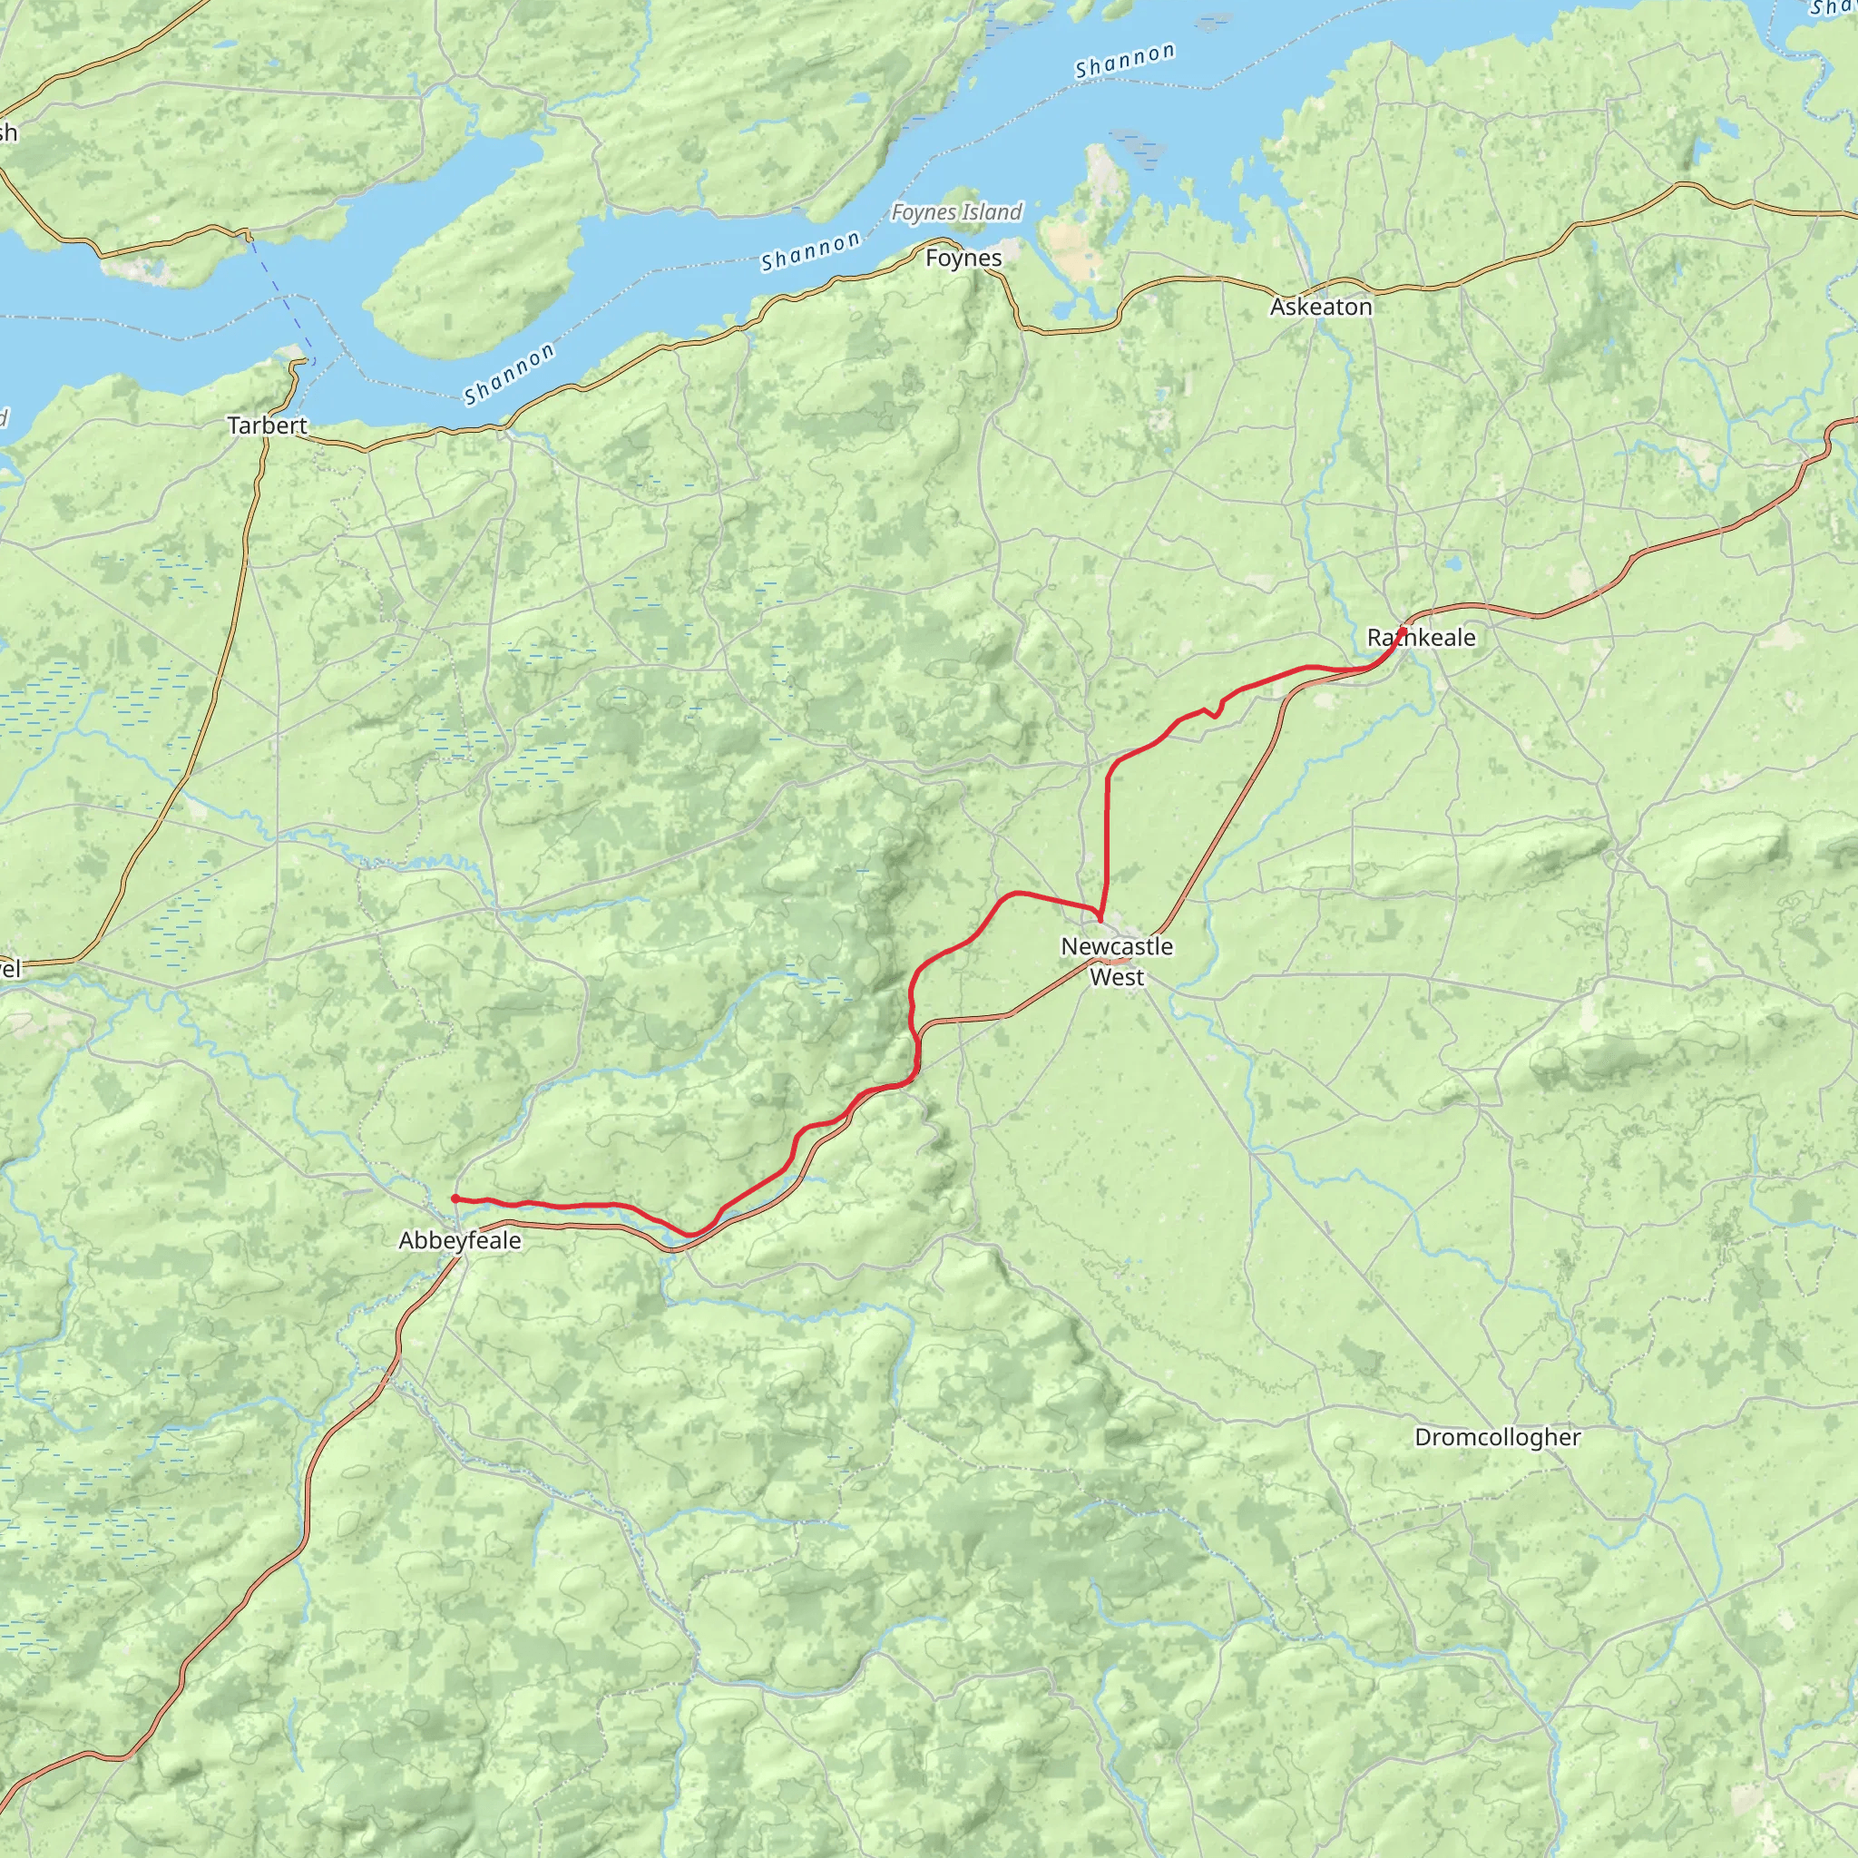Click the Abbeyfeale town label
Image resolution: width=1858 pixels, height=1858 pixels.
[x=460, y=1240]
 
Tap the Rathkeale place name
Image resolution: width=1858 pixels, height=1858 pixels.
[x=1421, y=638]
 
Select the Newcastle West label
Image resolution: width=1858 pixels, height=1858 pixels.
[x=1117, y=961]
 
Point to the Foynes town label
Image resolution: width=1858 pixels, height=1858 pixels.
[x=963, y=258]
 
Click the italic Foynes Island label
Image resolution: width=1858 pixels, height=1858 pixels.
[x=956, y=211]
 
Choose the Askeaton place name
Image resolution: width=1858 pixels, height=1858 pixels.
[x=1320, y=307]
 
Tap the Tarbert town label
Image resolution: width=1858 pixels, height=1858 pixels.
[x=268, y=425]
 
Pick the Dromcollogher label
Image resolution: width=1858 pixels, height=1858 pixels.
[x=1496, y=1437]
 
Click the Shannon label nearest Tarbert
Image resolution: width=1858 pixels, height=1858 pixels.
[x=509, y=373]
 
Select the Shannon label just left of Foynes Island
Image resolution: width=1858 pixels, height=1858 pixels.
[x=810, y=251]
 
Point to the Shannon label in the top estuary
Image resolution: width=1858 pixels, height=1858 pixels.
[x=1124, y=61]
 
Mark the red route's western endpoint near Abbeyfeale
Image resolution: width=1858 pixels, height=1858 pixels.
[x=454, y=1198]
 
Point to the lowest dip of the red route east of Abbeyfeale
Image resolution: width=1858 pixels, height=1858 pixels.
[x=690, y=1235]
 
